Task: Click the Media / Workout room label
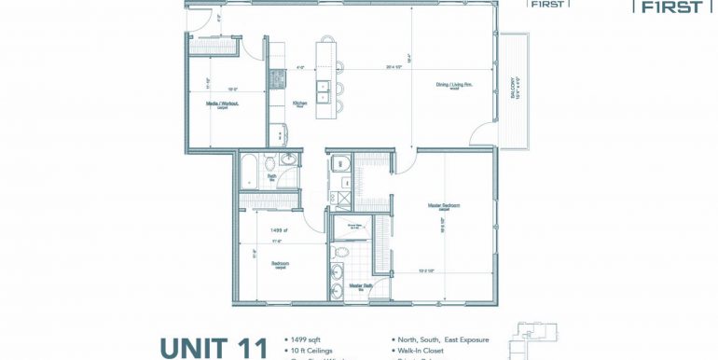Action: [223, 105]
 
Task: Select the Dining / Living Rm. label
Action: [456, 87]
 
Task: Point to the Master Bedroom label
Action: [446, 205]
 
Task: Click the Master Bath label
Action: [361, 285]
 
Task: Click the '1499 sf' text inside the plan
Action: [278, 229]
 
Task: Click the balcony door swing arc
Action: [484, 138]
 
